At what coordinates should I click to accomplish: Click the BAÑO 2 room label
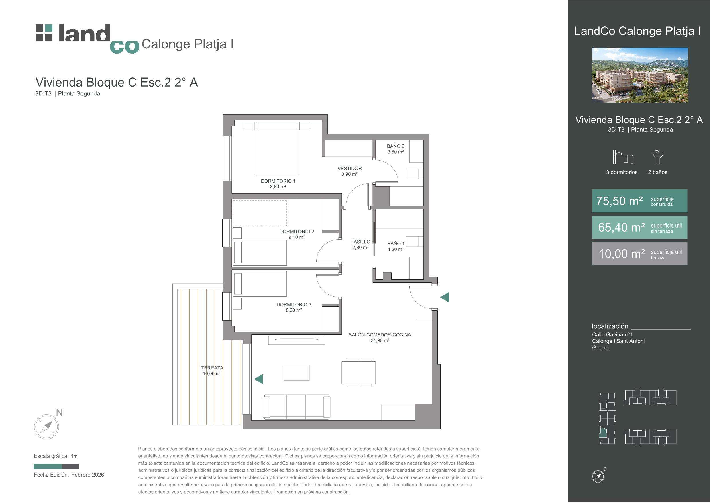point(395,146)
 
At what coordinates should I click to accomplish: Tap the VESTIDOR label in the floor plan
point(349,168)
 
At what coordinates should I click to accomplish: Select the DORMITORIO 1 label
point(278,181)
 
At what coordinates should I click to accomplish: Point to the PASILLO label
point(360,242)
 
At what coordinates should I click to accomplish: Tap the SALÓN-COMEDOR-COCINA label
point(380,335)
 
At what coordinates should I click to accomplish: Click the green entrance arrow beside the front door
point(445,297)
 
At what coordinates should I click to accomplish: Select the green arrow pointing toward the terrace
point(259,379)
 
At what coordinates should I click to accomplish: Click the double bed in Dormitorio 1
point(276,148)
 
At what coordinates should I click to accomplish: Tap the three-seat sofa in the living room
point(296,407)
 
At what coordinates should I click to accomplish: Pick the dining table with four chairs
point(359,373)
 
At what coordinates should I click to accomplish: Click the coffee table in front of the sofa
point(296,373)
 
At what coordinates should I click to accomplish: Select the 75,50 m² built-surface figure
point(619,201)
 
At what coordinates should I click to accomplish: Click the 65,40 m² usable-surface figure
point(622,228)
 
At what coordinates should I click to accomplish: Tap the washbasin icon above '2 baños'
point(658,157)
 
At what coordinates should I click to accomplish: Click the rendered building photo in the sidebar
point(640,75)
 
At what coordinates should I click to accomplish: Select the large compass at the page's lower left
point(46,427)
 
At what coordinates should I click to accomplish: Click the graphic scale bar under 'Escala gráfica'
point(56,466)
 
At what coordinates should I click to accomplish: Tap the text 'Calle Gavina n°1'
point(612,335)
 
